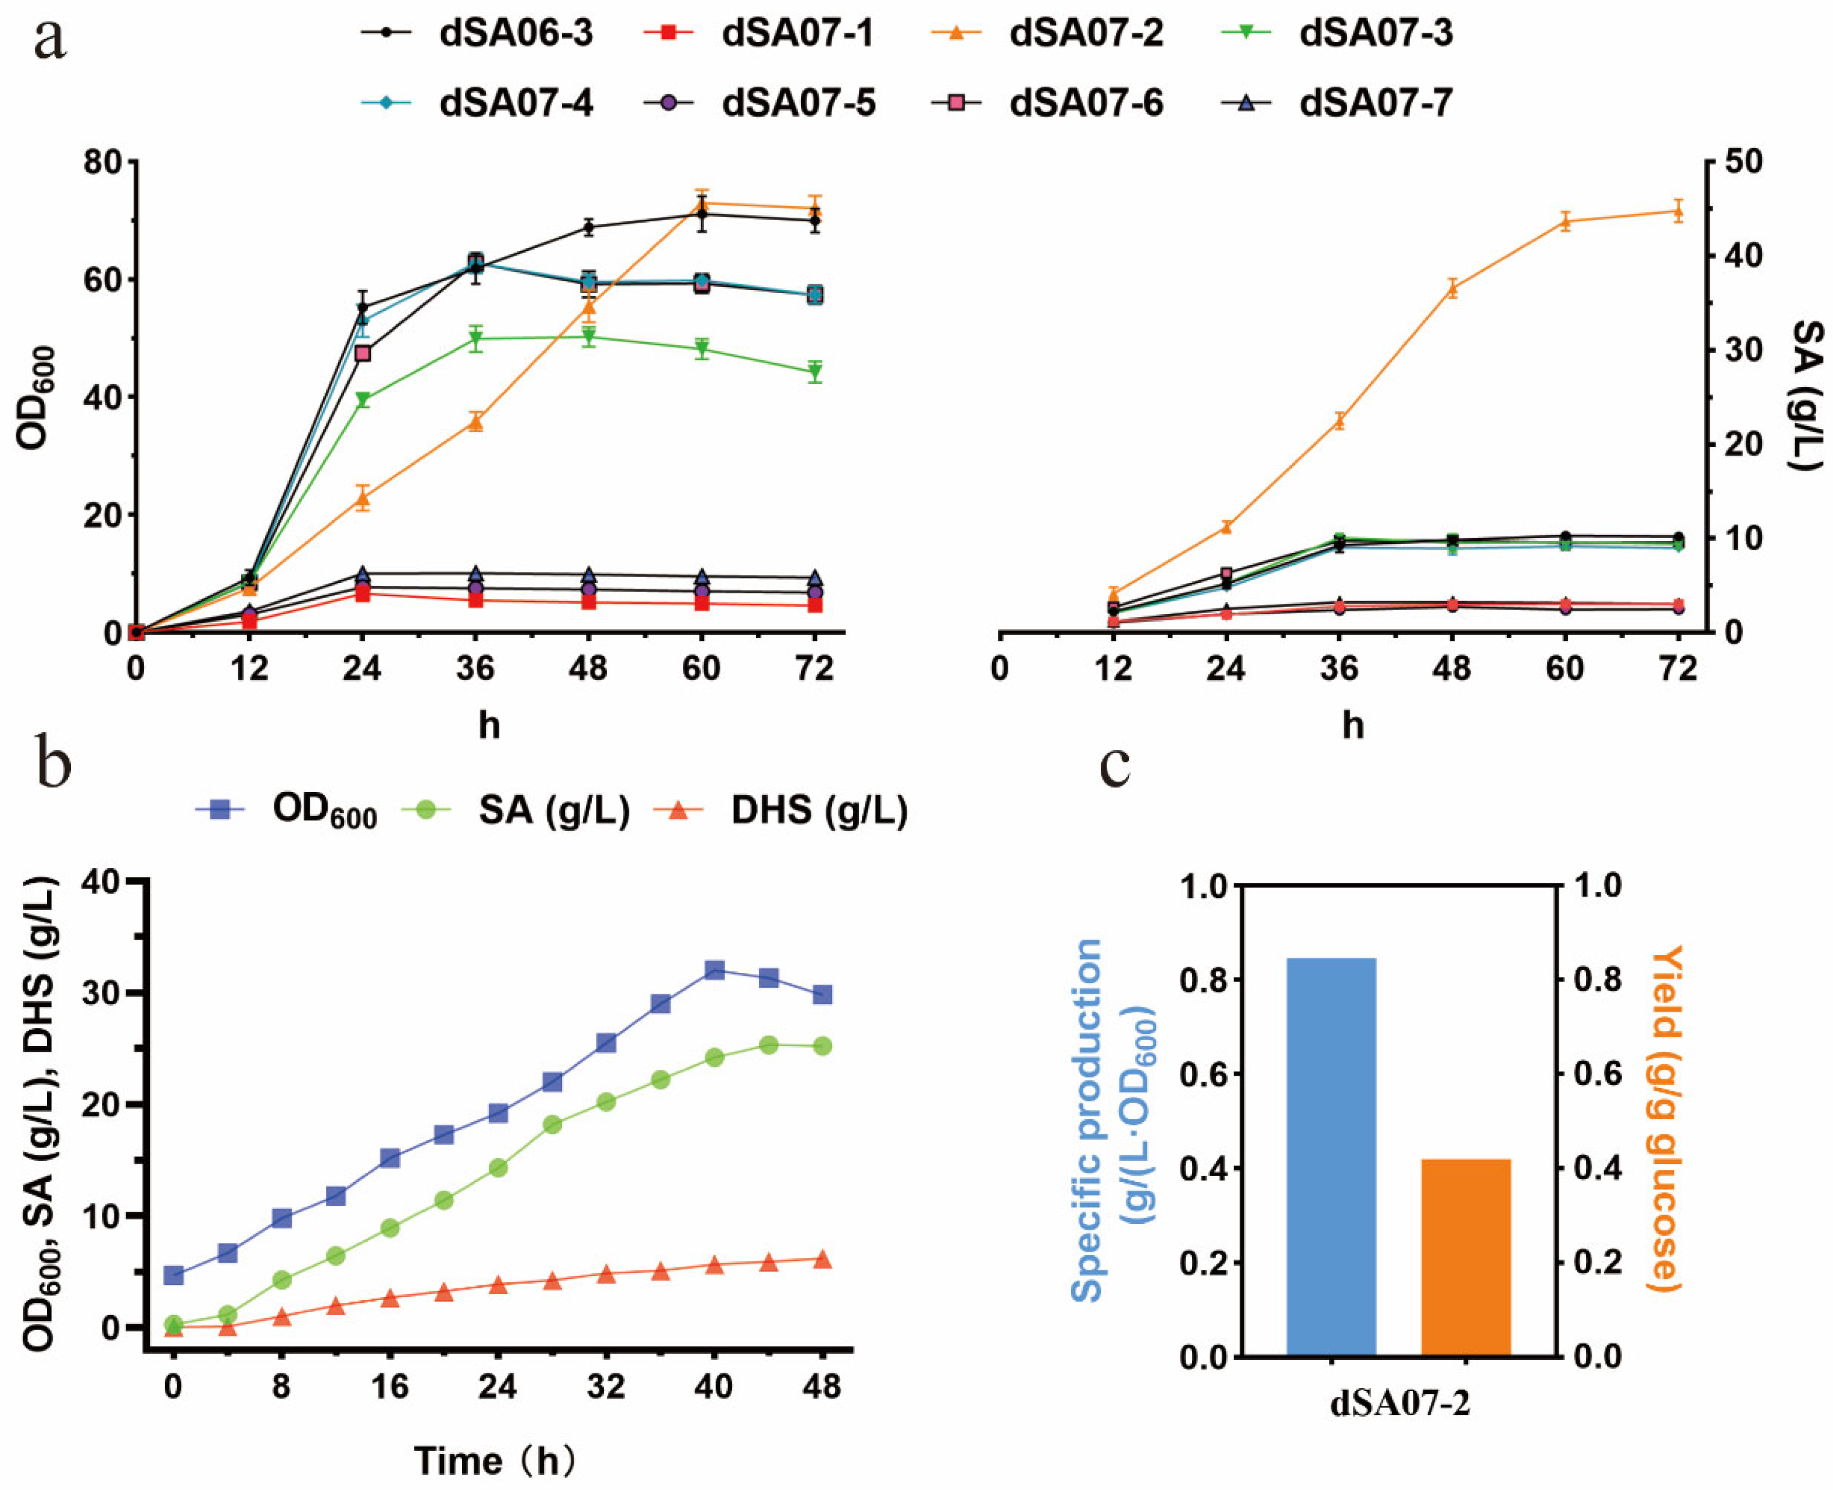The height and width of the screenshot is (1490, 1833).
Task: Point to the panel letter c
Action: click(1116, 764)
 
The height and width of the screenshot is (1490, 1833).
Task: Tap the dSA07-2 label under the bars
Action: click(1399, 1405)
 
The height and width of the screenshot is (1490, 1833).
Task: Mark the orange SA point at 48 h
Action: click(1452, 288)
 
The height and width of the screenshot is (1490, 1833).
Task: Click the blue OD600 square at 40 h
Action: click(714, 970)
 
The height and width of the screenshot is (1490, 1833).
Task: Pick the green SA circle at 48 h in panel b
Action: click(822, 1045)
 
